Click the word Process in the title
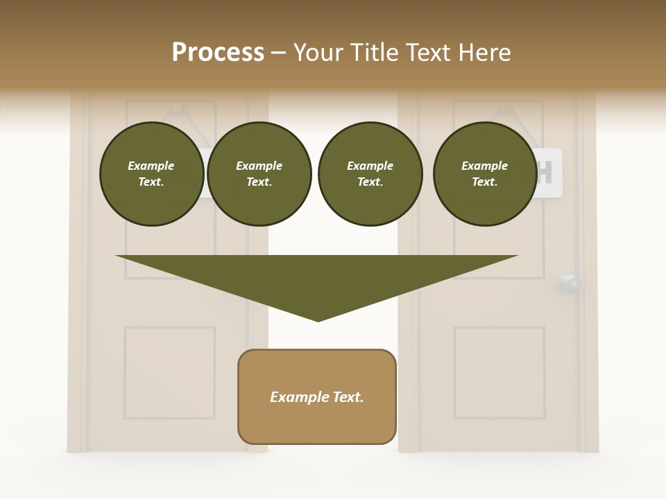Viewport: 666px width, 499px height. tap(218, 53)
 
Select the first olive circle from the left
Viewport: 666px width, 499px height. tap(152, 174)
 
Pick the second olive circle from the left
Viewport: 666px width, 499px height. tap(259, 174)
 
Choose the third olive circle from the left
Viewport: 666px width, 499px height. tap(370, 174)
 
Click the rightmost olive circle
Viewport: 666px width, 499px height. tap(485, 174)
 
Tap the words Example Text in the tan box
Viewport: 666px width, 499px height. tap(317, 397)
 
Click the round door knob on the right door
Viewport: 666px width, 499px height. tap(569, 282)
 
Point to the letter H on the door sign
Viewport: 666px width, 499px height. tap(545, 173)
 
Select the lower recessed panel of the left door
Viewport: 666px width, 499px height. tap(170, 373)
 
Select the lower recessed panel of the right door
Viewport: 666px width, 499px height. tap(499, 373)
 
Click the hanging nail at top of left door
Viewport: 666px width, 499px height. tap(177, 107)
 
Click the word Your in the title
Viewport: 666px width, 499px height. tap(320, 53)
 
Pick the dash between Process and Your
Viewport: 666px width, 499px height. tap(279, 53)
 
